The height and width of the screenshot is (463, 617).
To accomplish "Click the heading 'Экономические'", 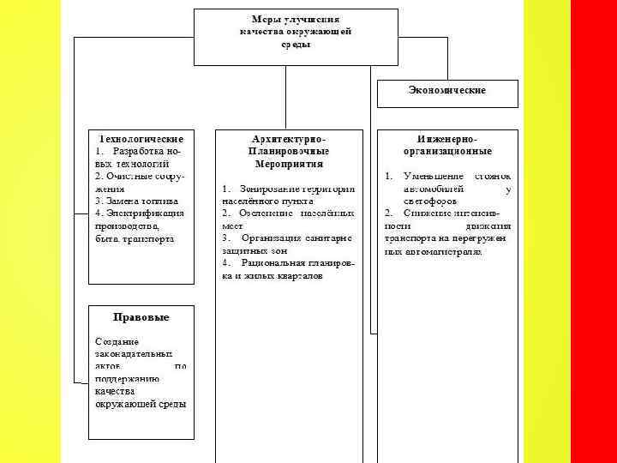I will point(447,90).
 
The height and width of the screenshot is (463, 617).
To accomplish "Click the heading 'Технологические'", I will point(142,139).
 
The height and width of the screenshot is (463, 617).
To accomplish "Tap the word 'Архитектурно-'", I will point(289,139).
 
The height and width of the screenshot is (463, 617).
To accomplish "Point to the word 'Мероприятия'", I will point(288,163).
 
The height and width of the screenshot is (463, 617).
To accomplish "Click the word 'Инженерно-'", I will point(447,139).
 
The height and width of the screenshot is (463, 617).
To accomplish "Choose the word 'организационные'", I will point(447,151).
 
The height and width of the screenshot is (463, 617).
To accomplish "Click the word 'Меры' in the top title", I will point(264,18).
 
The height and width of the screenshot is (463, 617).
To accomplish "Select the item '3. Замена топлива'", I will point(129,201).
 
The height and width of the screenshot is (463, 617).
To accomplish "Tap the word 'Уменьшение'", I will point(434,176).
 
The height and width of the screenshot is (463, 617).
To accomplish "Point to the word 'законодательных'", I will point(133,353).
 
